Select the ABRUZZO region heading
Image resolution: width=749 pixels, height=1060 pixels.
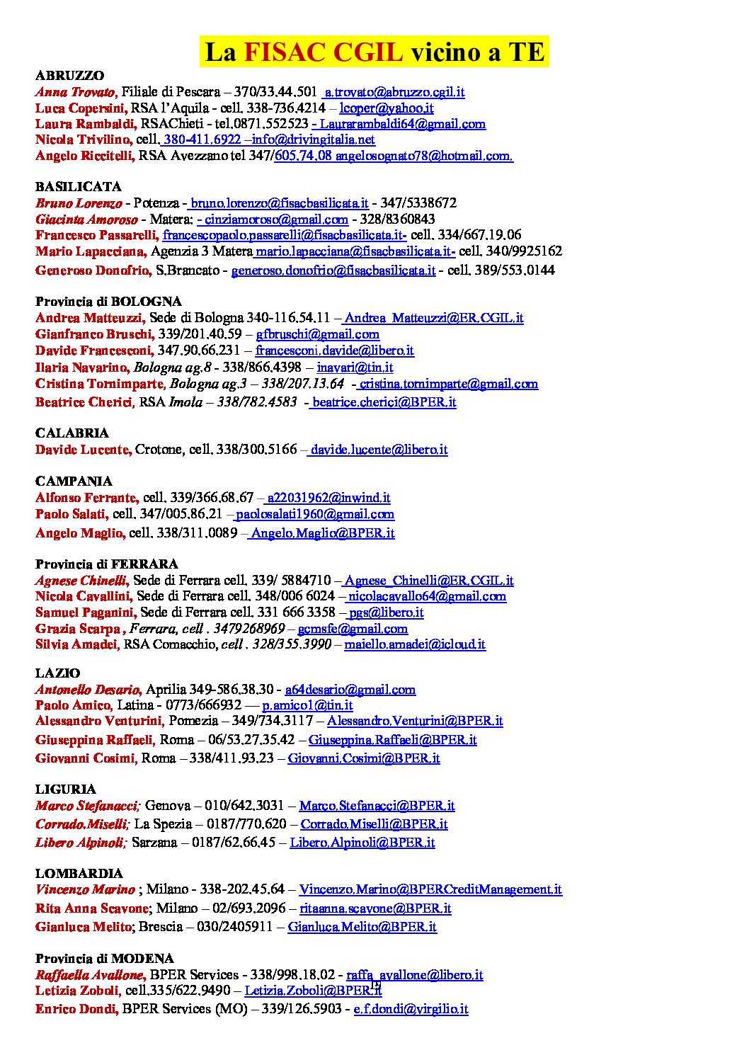click(x=69, y=76)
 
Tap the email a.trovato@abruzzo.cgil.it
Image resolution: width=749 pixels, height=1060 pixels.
click(x=394, y=92)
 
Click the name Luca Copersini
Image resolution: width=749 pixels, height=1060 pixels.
click(x=81, y=108)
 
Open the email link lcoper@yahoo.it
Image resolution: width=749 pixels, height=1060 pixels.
click(x=386, y=108)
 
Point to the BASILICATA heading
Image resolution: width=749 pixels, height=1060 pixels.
click(x=78, y=187)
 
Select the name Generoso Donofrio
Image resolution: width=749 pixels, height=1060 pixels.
click(x=93, y=270)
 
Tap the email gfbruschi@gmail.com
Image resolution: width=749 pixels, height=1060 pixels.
click(x=317, y=334)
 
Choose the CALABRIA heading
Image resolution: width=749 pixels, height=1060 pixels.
click(x=72, y=433)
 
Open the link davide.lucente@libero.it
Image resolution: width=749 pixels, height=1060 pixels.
click(x=379, y=450)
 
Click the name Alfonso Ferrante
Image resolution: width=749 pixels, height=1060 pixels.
click(x=86, y=498)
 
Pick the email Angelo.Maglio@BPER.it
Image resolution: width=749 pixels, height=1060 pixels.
click(x=322, y=533)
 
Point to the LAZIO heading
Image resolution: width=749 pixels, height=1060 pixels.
click(x=57, y=673)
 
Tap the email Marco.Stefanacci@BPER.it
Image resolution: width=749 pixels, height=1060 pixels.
click(x=377, y=806)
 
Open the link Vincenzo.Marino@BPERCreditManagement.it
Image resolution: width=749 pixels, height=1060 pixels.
click(x=430, y=889)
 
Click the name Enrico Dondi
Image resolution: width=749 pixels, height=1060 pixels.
click(x=76, y=1009)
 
